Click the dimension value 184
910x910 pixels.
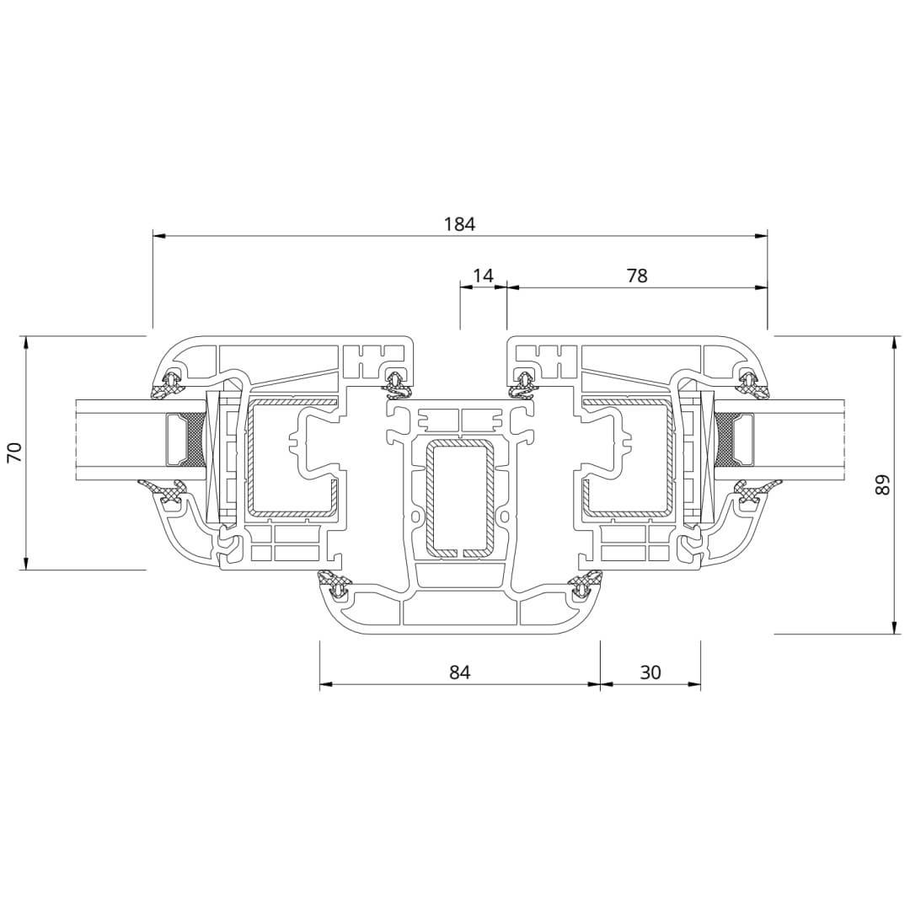click(460, 224)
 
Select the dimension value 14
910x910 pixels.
click(482, 275)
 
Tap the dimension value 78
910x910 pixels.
click(637, 275)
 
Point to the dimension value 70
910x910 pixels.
click(14, 452)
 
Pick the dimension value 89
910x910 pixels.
click(881, 484)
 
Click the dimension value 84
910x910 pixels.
click(460, 672)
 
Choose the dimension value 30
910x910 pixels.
click(650, 672)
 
